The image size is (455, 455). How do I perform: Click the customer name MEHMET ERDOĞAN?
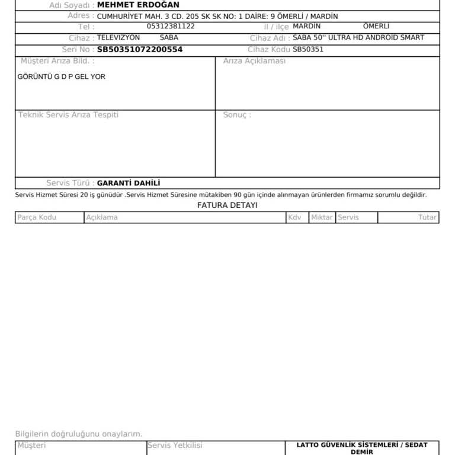coord(138,5)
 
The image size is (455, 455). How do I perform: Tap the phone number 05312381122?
coord(171,27)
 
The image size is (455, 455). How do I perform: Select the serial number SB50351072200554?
coord(140,50)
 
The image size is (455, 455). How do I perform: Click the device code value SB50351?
coord(308,50)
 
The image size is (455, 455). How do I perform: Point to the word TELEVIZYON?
coord(118,38)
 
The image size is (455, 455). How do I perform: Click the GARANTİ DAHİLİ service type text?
coord(129,184)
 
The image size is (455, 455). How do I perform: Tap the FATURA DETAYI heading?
coord(227,206)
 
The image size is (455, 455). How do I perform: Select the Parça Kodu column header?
coord(37,217)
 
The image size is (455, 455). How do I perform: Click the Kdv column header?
coord(294,217)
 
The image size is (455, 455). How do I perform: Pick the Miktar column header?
coord(322,217)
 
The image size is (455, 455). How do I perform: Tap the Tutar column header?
coord(427,217)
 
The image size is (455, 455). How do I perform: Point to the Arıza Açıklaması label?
coord(254,61)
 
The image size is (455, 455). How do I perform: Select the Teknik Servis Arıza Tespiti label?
coord(68,115)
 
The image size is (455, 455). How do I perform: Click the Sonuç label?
coord(237,115)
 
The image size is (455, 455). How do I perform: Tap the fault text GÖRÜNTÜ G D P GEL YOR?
coord(62,77)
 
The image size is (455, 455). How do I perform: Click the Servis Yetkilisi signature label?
coord(175,446)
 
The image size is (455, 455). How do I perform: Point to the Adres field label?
coord(81,16)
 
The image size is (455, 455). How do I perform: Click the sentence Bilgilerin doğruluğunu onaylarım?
coord(79,434)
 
